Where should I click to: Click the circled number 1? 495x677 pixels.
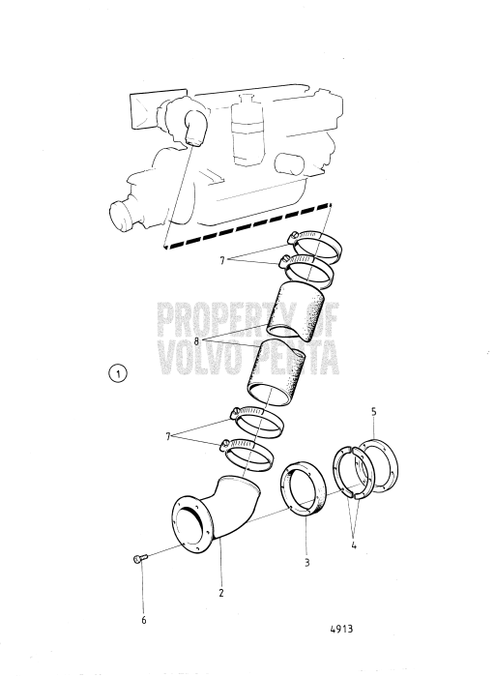tap(118, 371)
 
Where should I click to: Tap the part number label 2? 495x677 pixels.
tap(221, 593)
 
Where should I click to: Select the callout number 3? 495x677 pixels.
tap(306, 562)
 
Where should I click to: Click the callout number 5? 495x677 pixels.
tap(374, 411)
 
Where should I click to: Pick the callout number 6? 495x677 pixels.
tap(144, 620)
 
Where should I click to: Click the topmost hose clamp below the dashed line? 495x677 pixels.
tap(312, 250)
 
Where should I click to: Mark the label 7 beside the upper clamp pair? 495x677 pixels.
tap(223, 260)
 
